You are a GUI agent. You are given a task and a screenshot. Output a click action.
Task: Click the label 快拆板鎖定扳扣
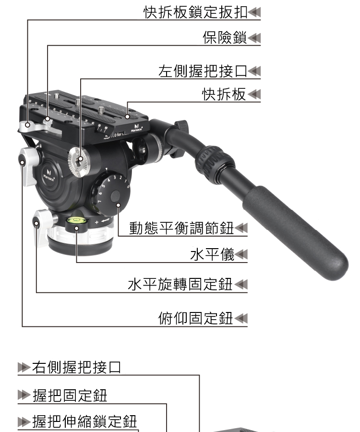195,12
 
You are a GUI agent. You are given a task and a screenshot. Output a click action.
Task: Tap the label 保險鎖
225,37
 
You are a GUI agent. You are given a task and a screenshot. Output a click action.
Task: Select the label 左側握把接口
203,71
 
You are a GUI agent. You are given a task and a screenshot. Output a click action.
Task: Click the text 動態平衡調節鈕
181,228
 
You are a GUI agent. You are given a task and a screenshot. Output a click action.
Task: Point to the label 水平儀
212,254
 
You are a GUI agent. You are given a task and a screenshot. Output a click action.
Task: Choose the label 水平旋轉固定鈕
180,284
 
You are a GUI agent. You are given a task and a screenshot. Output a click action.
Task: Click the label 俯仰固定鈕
196,318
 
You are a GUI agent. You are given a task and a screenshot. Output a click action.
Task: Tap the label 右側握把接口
77,367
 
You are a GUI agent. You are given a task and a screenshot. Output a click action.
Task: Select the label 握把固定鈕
70,396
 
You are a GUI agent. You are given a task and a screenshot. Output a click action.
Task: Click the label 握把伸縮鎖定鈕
84,421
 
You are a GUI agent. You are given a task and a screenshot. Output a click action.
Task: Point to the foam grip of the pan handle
295,233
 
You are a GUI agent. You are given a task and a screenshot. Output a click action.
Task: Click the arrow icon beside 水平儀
241,254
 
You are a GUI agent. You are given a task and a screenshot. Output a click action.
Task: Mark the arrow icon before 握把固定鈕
24,395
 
